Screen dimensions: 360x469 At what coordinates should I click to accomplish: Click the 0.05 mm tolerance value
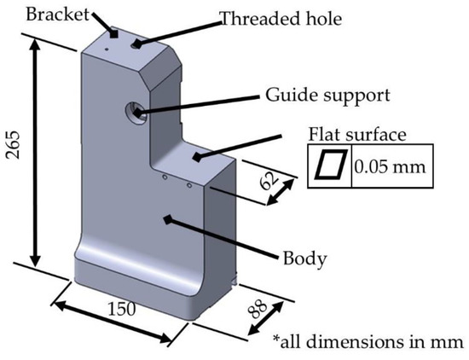click(386, 165)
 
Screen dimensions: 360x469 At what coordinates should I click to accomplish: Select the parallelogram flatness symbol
click(329, 165)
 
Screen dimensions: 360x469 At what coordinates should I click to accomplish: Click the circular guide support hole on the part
click(136, 110)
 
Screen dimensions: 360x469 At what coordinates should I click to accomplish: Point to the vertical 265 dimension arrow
click(35, 154)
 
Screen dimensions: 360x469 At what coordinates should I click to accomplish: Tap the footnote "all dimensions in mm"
click(372, 344)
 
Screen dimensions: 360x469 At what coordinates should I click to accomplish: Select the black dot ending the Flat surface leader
click(199, 156)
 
